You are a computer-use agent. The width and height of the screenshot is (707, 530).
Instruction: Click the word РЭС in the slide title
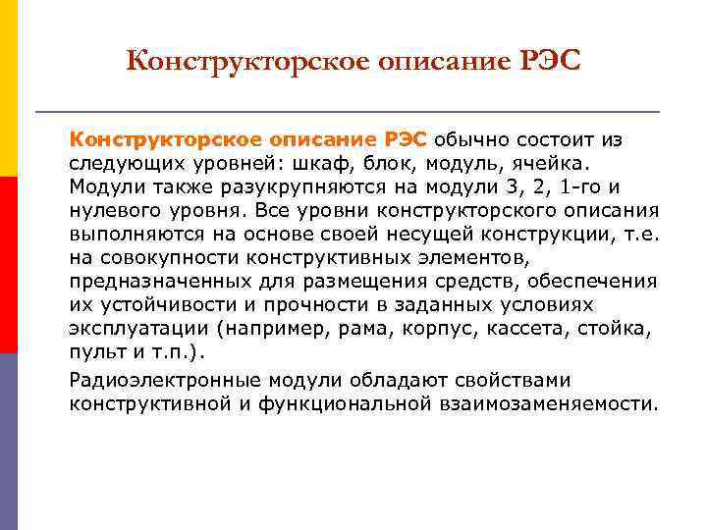[543, 63]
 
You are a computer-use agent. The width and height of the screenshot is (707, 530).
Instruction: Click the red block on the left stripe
[9, 265]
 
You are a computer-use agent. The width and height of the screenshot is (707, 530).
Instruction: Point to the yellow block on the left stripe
[9, 88]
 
